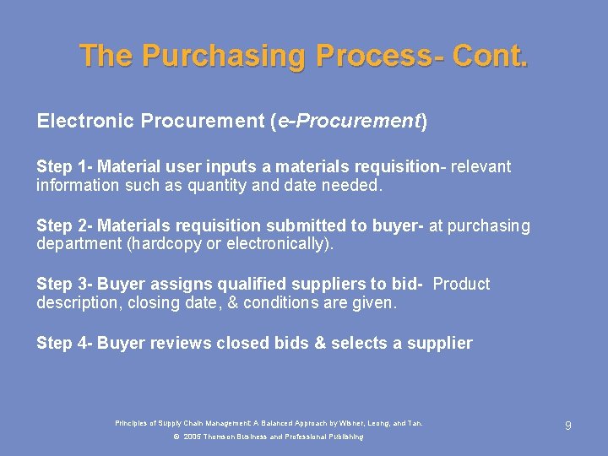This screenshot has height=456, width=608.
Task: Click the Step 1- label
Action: click(x=64, y=167)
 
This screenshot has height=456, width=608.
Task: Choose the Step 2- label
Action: click(x=64, y=225)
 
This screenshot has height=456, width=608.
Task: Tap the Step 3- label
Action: click(x=64, y=284)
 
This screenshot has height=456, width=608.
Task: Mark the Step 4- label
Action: click(x=64, y=343)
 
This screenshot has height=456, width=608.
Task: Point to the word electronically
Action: click(x=282, y=244)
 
